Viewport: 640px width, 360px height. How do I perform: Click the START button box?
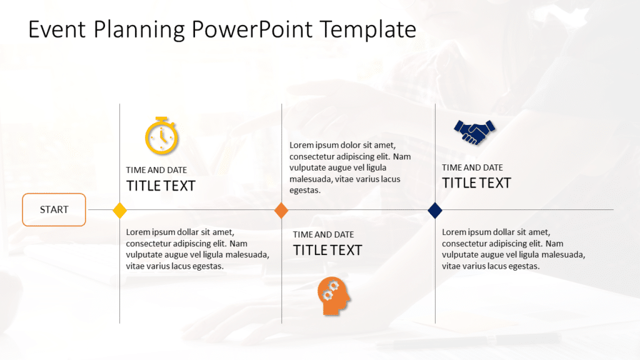pos(54,209)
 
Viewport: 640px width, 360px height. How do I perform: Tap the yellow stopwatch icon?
pos(162,135)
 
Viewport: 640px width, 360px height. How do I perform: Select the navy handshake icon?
pos(474,132)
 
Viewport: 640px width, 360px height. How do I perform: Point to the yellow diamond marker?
pos(119,210)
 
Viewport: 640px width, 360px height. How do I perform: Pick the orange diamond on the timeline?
pos(281,210)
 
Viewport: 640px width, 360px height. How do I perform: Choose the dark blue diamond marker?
pos(435,210)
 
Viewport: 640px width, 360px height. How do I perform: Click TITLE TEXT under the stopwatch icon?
pos(161,186)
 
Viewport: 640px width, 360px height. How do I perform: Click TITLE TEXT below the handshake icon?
pos(476,183)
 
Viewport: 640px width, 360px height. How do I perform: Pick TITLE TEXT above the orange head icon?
pos(327,250)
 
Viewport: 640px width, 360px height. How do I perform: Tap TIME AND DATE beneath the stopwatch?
pos(156,170)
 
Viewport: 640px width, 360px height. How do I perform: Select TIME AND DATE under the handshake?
pos(472,167)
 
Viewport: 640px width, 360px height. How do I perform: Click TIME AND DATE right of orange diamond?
pos(323,234)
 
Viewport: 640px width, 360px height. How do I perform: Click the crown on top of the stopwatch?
pos(162,118)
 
